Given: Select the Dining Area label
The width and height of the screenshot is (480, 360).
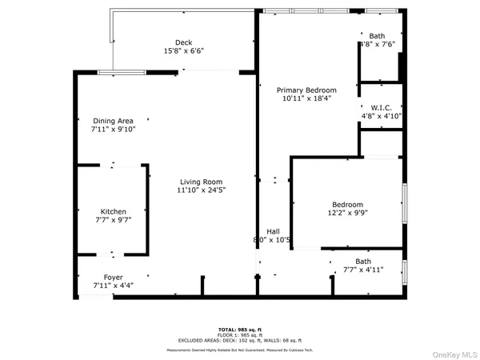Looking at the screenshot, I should point(112,121).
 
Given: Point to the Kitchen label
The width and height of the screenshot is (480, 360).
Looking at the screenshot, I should point(113,211).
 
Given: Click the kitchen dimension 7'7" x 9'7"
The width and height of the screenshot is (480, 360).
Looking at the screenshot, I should point(113,220).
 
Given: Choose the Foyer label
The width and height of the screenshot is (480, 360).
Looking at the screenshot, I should point(113,277).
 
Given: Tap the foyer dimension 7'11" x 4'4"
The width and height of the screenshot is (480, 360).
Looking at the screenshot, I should point(113,286).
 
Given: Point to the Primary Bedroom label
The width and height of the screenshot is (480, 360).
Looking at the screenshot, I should point(306,90).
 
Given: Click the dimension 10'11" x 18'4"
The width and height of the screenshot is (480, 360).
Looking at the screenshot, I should point(306,98).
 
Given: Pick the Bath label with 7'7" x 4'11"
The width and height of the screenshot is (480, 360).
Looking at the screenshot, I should point(363,261).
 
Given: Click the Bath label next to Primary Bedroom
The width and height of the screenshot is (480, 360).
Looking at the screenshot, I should point(377,36).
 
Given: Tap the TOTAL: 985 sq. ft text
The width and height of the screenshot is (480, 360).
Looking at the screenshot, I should point(239,330).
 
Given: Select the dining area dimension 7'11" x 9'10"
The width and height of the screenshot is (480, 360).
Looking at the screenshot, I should point(112,130).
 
